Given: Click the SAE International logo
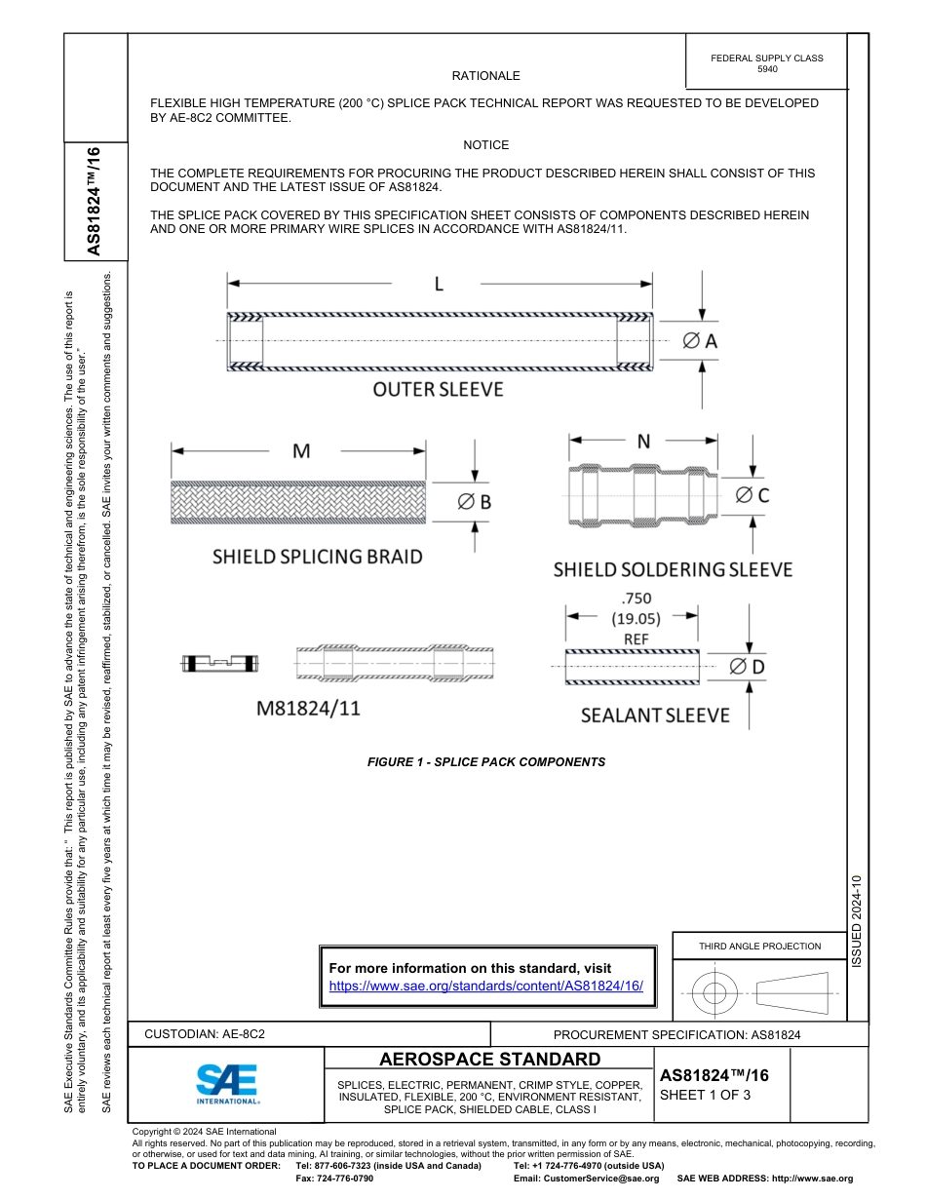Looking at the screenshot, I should pyautogui.click(x=226, y=1083).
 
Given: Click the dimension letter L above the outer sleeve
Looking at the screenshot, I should pyautogui.click(x=439, y=284).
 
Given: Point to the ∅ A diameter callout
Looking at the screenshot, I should pyautogui.click(x=699, y=340).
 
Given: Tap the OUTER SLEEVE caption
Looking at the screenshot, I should pyautogui.click(x=438, y=390).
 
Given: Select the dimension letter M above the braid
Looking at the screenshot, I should pyautogui.click(x=301, y=451).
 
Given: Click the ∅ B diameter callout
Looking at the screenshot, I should pyautogui.click(x=474, y=501).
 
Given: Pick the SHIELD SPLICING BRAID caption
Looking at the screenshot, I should pyautogui.click(x=318, y=557).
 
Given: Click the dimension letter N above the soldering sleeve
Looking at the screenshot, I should pyautogui.click(x=643, y=442).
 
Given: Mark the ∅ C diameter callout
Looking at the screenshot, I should pyautogui.click(x=752, y=495).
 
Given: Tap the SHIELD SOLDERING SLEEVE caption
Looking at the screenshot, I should pyautogui.click(x=673, y=569).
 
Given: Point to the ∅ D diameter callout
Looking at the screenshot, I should pyautogui.click(x=747, y=667).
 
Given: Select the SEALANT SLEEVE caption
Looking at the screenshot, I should pyautogui.click(x=655, y=716).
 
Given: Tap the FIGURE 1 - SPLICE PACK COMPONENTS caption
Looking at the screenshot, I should pyautogui.click(x=485, y=762).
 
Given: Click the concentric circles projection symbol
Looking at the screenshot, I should pyautogui.click(x=715, y=994).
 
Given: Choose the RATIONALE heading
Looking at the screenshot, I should pyautogui.click(x=485, y=76).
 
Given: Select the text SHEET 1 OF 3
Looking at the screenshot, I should pyautogui.click(x=705, y=1095).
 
